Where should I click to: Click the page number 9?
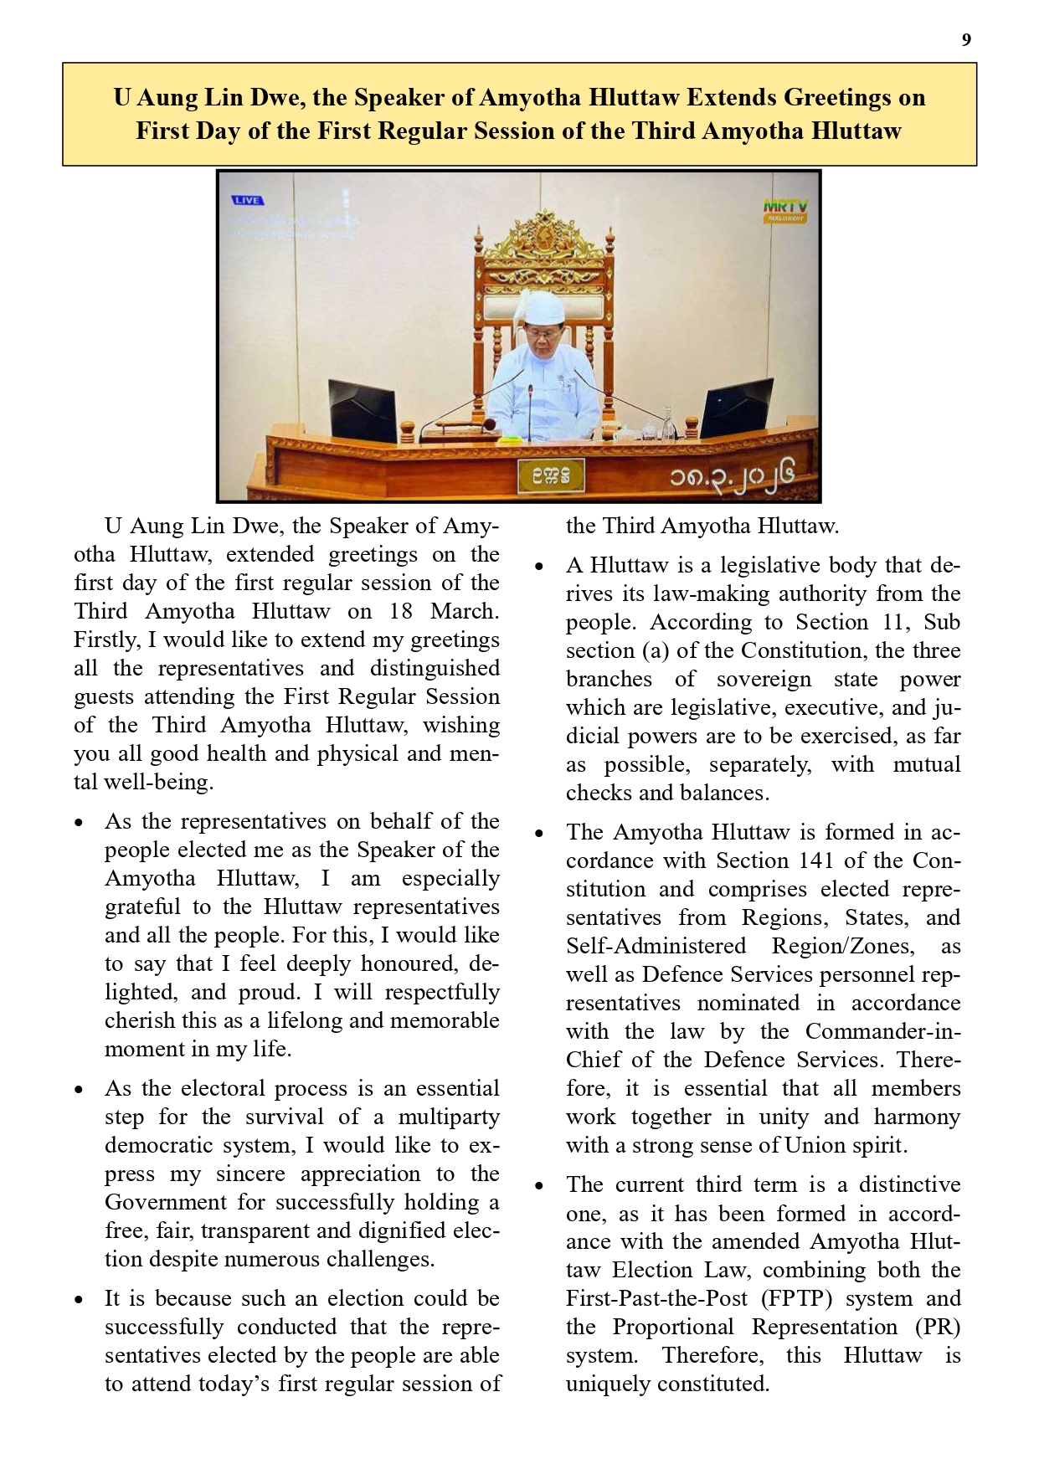966,40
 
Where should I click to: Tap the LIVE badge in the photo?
247,201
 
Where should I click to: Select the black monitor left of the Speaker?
362,410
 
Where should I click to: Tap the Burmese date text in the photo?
730,479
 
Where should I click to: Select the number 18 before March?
401,611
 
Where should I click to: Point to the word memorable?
452,1020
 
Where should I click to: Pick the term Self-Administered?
656,946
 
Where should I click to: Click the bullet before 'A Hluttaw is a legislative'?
539,567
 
